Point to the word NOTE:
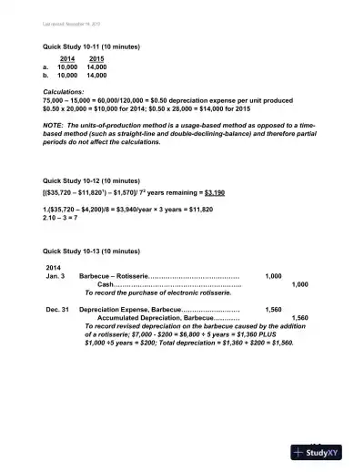[x=55, y=125]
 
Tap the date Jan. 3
[x=56, y=274]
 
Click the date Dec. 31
[x=58, y=309]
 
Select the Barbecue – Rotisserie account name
[x=112, y=274]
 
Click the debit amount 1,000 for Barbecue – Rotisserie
[x=273, y=274]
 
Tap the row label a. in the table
[x=45, y=67]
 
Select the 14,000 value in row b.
[x=96, y=77]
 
